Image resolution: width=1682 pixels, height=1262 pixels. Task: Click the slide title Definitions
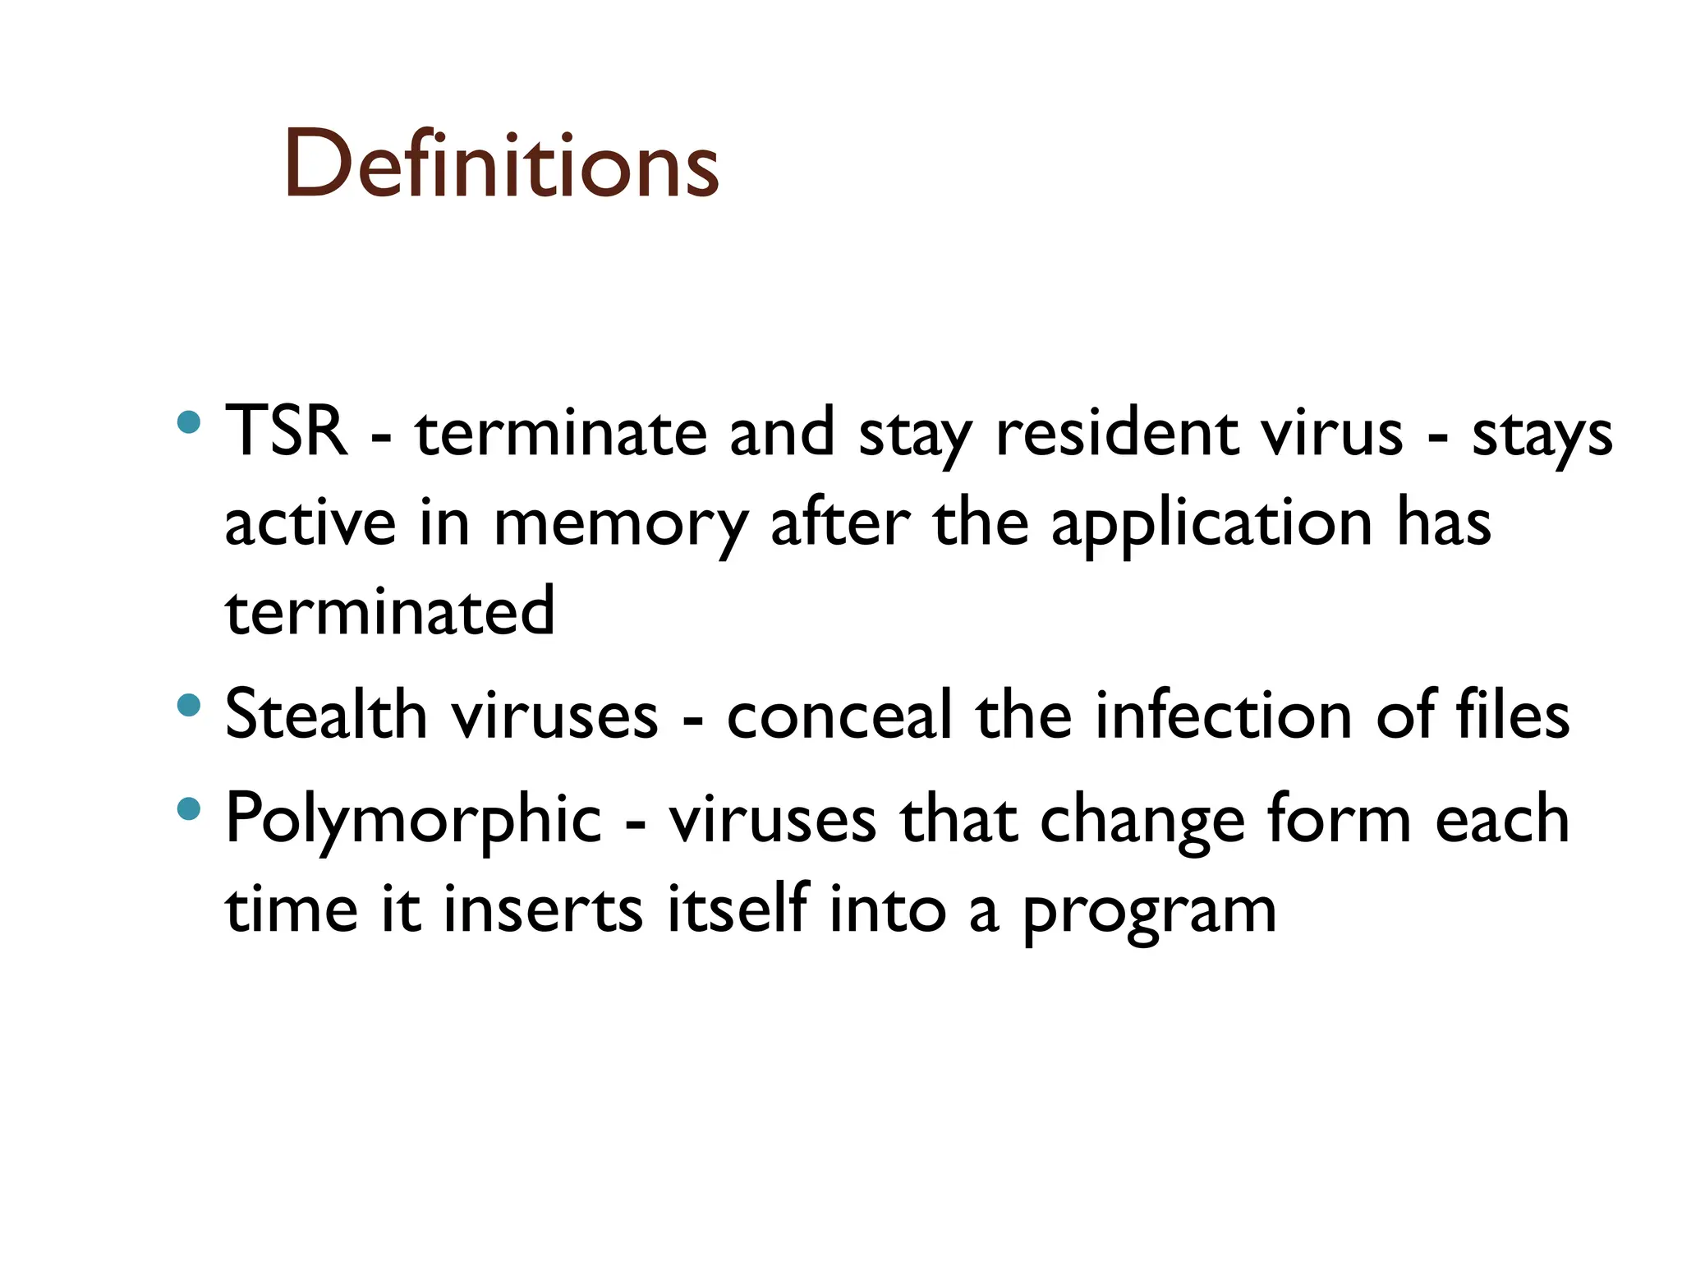[x=501, y=164]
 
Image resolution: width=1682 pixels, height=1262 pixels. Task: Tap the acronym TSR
[x=285, y=431]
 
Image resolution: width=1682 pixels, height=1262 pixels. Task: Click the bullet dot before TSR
[x=189, y=423]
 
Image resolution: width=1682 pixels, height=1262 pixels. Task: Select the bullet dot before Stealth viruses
[x=189, y=706]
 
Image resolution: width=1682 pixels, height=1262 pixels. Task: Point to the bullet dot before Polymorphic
[x=189, y=809]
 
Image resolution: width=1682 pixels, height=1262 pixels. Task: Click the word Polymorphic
[x=413, y=820]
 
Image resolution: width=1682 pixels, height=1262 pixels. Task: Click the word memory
[x=621, y=524]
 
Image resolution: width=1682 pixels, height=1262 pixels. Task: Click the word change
[x=1142, y=820]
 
